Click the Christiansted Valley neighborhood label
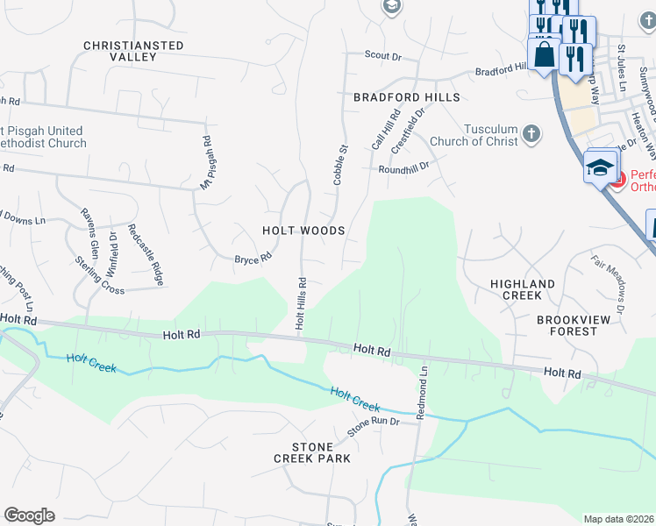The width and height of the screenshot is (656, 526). [x=133, y=51]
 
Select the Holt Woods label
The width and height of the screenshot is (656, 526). [x=303, y=231]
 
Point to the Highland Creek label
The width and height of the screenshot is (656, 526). [x=523, y=290]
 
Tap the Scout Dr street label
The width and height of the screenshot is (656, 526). [x=382, y=56]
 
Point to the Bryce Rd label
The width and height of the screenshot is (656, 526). [x=253, y=259]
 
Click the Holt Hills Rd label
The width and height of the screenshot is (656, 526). [x=300, y=303]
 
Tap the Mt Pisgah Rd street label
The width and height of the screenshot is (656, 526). [x=207, y=163]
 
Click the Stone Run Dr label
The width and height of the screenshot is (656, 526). [x=373, y=427]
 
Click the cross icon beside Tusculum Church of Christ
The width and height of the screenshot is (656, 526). [x=530, y=134]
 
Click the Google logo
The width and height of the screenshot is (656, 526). [x=29, y=515]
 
